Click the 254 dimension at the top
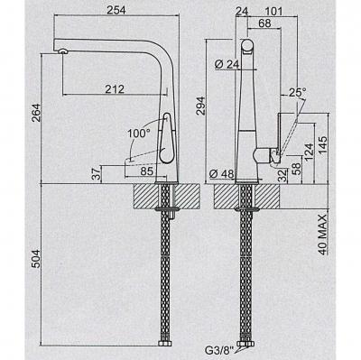click(x=116, y=10)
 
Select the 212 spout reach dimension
click(x=115, y=89)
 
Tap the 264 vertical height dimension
click(x=36, y=113)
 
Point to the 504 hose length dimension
click(x=36, y=258)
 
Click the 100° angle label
click(x=138, y=133)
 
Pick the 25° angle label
click(x=297, y=93)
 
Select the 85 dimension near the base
click(x=147, y=171)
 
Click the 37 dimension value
click(x=97, y=174)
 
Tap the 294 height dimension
click(x=200, y=106)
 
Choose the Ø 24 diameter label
click(x=227, y=64)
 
